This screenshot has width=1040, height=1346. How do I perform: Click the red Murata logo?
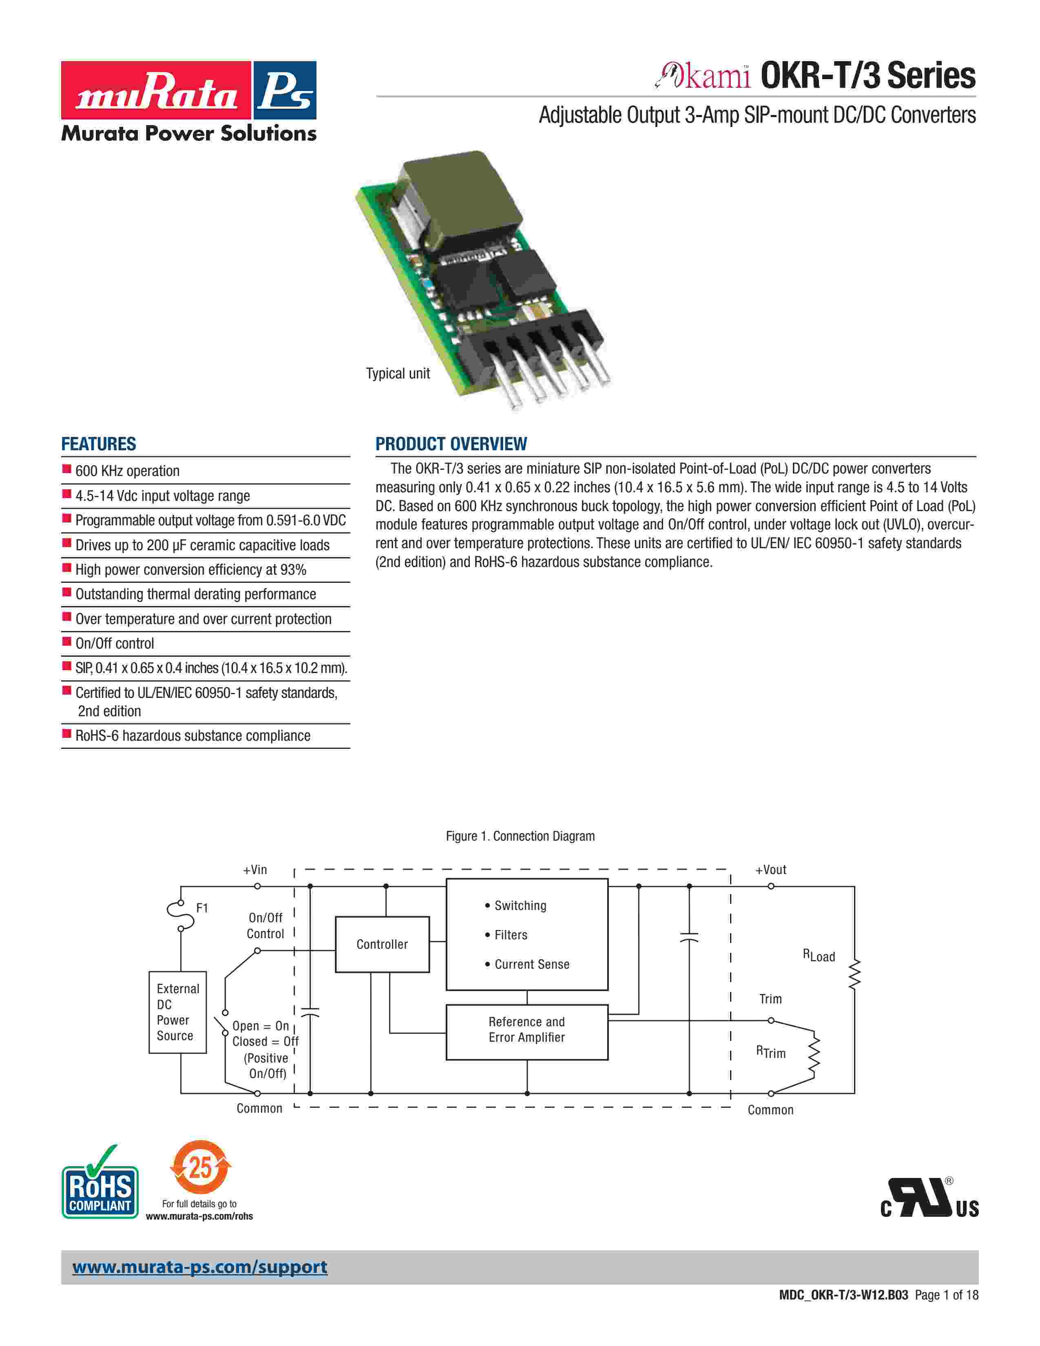click(x=156, y=90)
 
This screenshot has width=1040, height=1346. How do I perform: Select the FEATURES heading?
click(x=99, y=444)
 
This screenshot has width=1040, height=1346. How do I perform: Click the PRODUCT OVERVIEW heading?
click(x=451, y=444)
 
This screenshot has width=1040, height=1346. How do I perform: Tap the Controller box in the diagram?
click(x=382, y=944)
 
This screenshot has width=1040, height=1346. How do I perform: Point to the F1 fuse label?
click(x=202, y=908)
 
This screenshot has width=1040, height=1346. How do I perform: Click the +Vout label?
click(x=771, y=870)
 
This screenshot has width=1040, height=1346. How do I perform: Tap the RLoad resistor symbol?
click(x=854, y=974)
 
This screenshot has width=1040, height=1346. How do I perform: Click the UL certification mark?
click(x=929, y=1199)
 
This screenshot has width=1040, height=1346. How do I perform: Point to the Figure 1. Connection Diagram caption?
click(x=520, y=836)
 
